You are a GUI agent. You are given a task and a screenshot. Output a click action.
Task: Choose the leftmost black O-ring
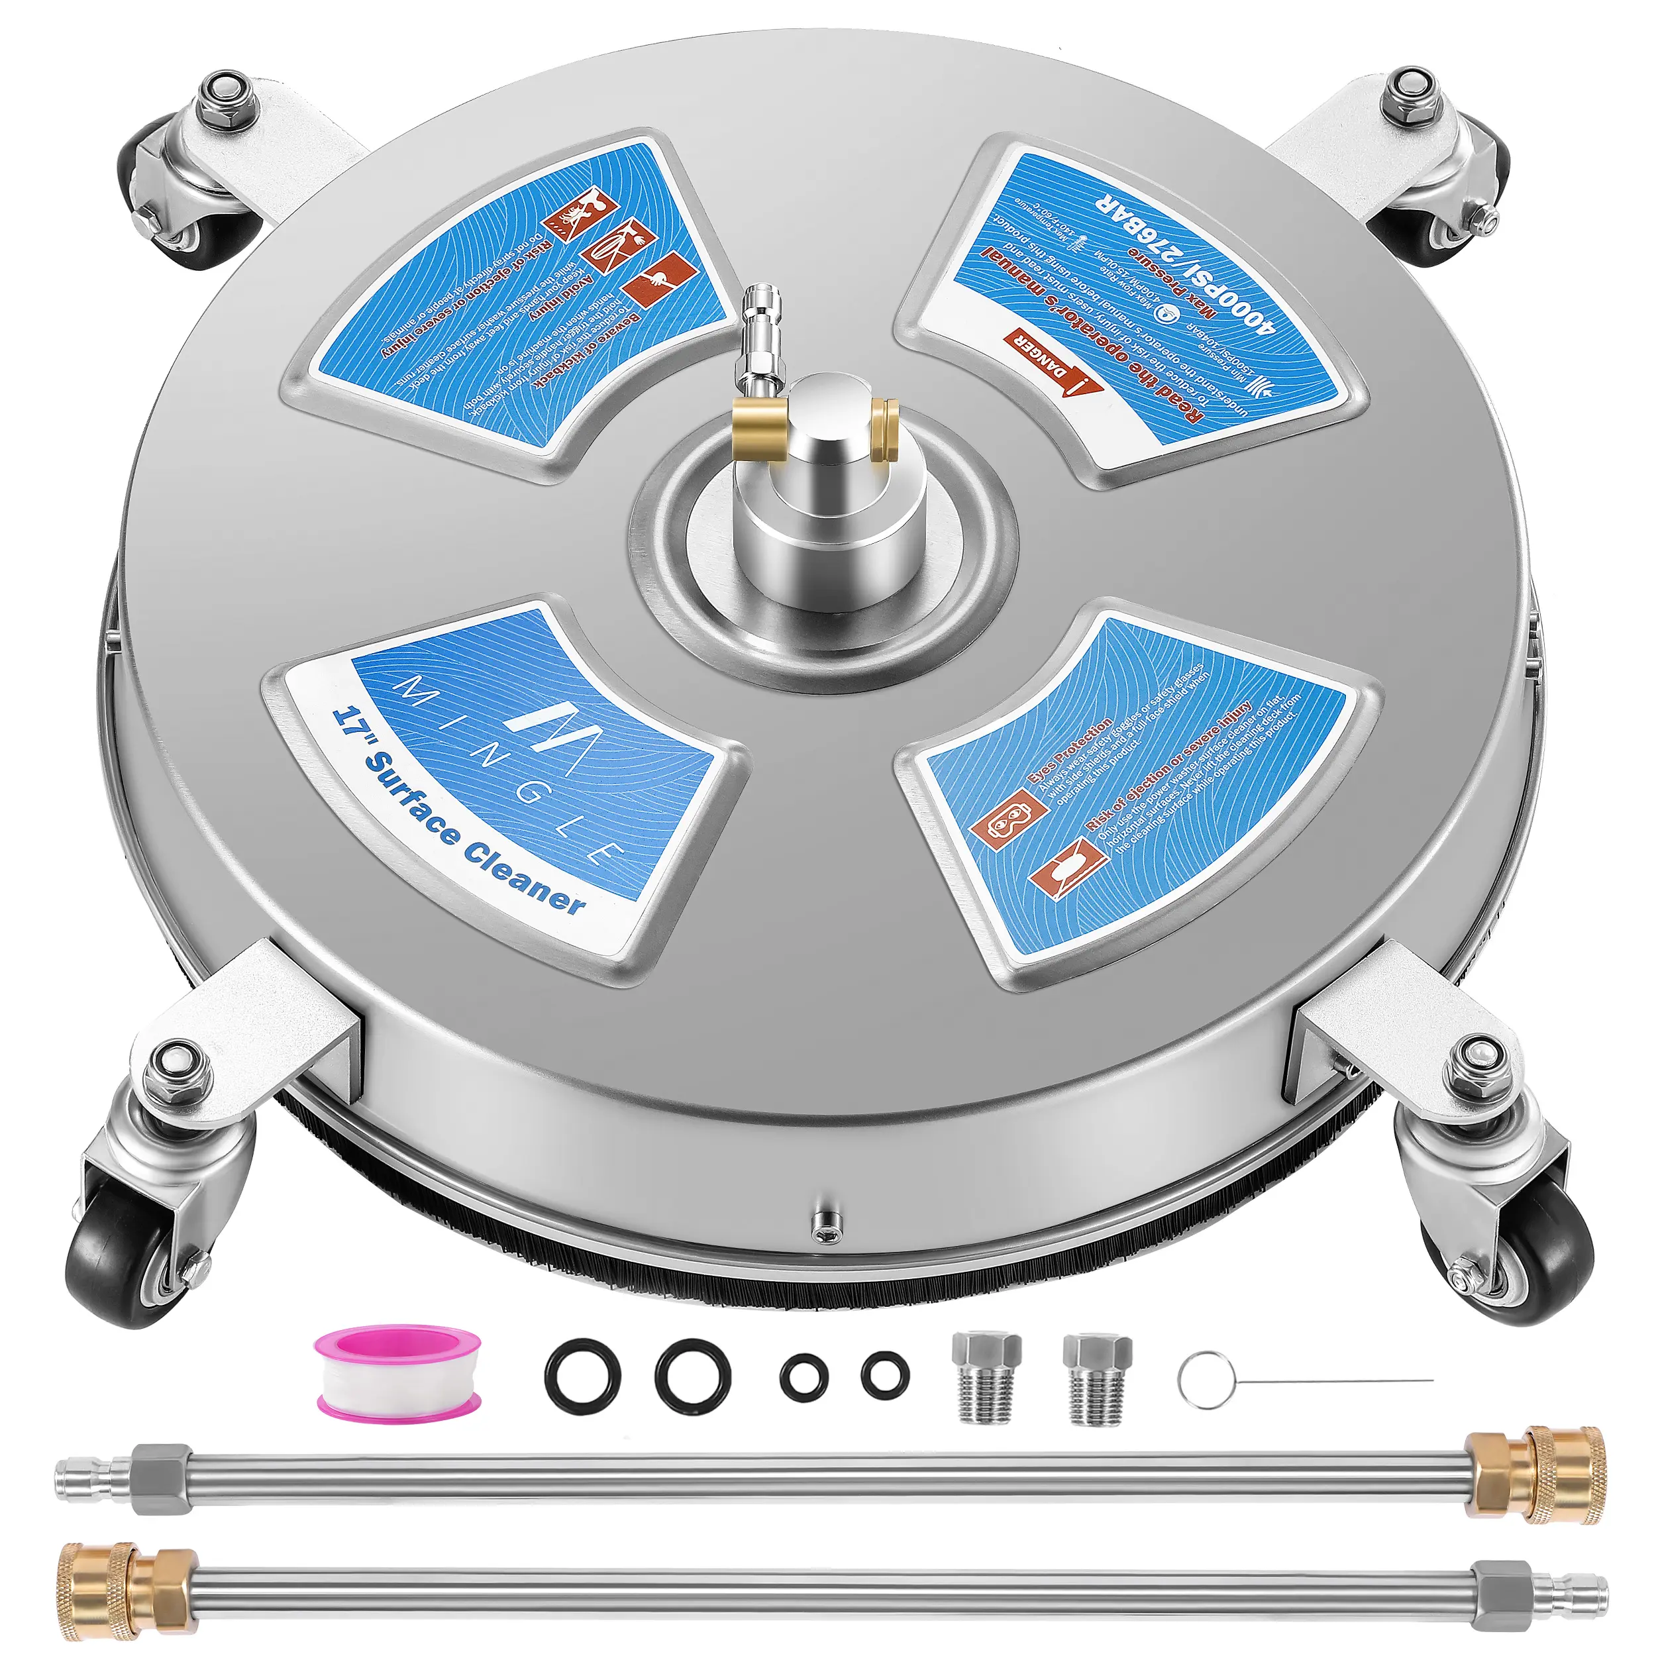tap(580, 1378)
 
